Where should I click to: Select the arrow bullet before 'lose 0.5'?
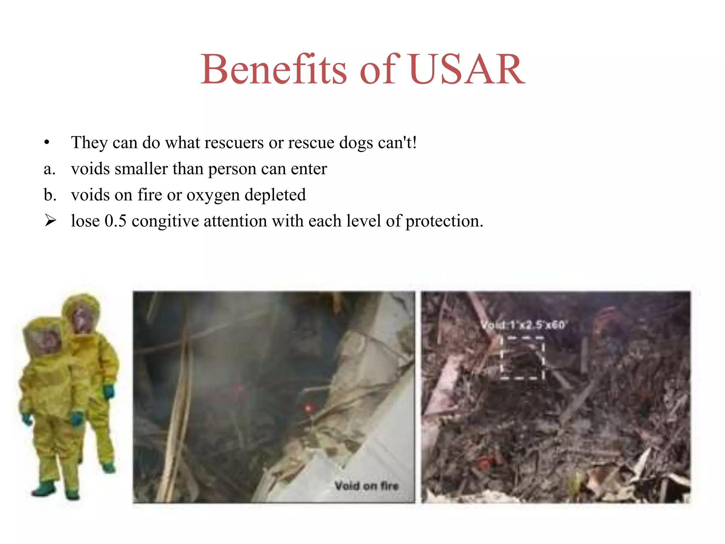50,221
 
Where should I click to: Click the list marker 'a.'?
50,169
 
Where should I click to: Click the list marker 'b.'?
50,195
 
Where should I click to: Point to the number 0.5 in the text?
115,221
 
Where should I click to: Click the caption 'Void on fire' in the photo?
366,486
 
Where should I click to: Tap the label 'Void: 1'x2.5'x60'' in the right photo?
524,324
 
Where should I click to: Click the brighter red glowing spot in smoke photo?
308,408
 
